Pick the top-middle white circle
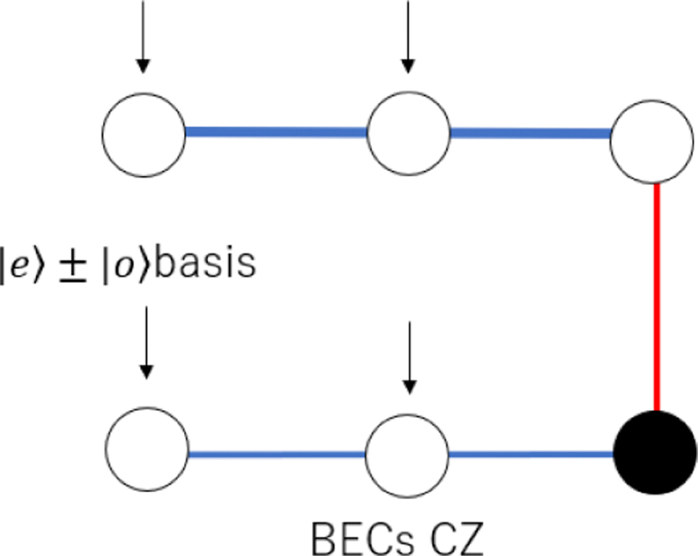[x=408, y=134]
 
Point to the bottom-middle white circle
[x=408, y=453]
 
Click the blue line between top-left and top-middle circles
[x=276, y=133]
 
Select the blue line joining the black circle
[x=530, y=455]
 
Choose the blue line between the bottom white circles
[x=276, y=454]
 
